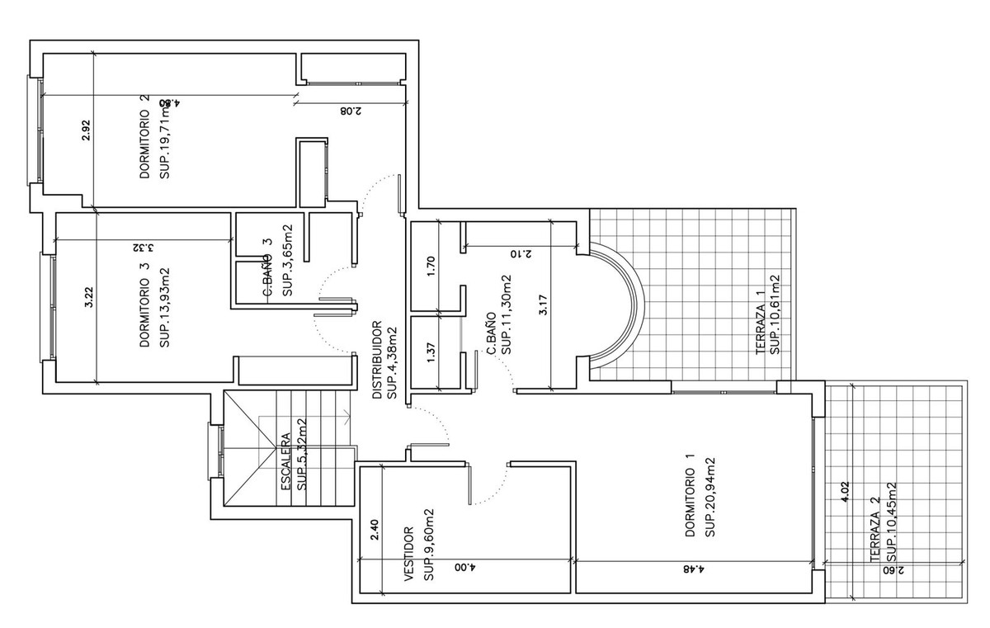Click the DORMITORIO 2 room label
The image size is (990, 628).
[144, 136]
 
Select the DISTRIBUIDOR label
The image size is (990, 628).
[376, 360]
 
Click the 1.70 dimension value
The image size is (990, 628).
[430, 266]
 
